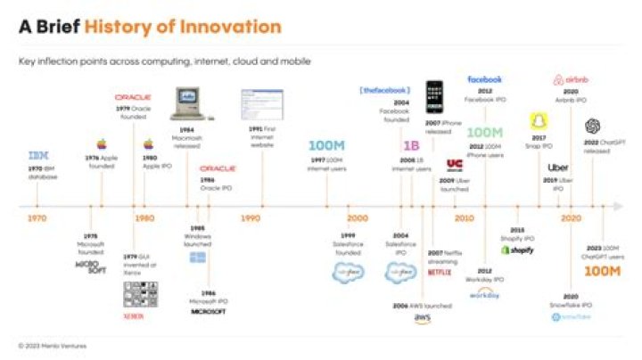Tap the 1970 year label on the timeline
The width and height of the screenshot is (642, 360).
tap(37, 218)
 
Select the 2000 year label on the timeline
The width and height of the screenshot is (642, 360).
tap(357, 218)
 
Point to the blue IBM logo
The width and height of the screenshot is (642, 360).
tap(37, 156)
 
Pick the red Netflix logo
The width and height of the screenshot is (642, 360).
tap(440, 273)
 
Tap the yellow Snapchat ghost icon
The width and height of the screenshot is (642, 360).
tap(539, 121)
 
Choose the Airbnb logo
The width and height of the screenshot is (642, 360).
tap(572, 80)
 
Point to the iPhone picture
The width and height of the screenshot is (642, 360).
tap(434, 97)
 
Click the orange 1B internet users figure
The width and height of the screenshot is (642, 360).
tap(411, 145)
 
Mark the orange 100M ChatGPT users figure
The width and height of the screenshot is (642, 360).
tap(602, 271)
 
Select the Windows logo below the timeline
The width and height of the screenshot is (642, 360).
tap(196, 258)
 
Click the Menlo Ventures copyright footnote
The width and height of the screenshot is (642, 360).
tap(53, 345)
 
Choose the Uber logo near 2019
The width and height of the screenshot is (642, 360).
tap(559, 167)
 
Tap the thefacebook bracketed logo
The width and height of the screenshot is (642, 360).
tap(384, 91)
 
